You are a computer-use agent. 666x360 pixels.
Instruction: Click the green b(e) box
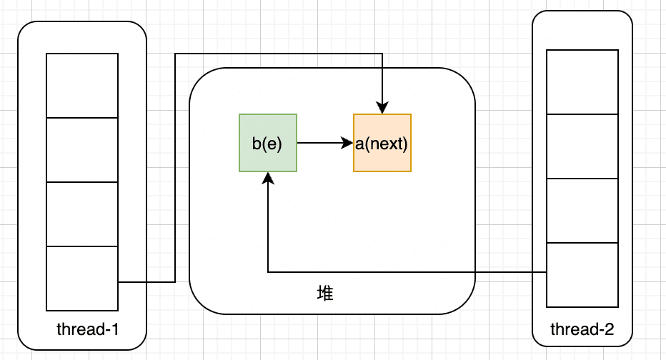[x=268, y=143]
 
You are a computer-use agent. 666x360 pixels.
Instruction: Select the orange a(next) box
[x=382, y=143]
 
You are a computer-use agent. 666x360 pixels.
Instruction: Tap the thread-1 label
[x=87, y=329]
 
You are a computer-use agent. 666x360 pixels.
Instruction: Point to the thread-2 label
[x=582, y=329]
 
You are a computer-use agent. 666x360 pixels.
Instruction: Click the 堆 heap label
[x=325, y=294]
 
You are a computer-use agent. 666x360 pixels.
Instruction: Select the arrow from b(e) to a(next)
[x=325, y=143]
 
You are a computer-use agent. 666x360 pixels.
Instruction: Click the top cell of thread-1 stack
[x=82, y=86]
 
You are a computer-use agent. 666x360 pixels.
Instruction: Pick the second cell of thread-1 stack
[x=82, y=150]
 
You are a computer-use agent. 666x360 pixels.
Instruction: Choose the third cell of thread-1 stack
[x=82, y=214]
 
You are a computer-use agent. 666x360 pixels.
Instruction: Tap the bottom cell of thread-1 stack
[x=82, y=279]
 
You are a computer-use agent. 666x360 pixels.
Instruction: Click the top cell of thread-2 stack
[x=582, y=82]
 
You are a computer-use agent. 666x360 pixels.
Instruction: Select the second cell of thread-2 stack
[x=582, y=146]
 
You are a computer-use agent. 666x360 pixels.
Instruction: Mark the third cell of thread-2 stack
[x=582, y=211]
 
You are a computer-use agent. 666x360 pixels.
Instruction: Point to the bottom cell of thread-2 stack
[x=582, y=275]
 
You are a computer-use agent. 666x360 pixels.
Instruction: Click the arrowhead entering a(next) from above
[x=382, y=109]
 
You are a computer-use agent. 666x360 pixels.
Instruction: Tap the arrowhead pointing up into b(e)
[x=268, y=179]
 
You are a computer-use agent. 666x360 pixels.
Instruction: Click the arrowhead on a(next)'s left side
[x=347, y=143]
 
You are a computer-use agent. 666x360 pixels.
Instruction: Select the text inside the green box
[x=267, y=144]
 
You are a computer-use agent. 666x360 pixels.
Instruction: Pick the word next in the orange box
[x=387, y=144]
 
